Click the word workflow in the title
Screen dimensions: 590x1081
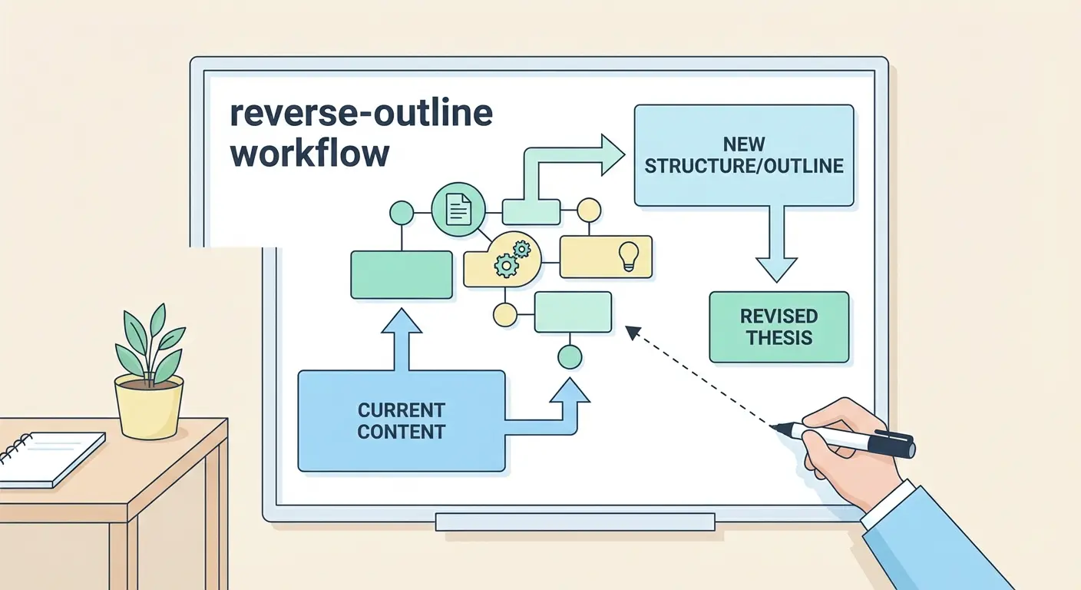tap(309, 154)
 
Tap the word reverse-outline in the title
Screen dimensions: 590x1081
tap(361, 114)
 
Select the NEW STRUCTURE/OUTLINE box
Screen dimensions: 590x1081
tap(743, 155)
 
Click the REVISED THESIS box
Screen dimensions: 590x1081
tap(779, 326)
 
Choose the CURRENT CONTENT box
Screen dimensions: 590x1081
tap(401, 420)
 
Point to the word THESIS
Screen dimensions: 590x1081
tap(779, 338)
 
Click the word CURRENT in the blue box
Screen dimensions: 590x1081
tap(401, 409)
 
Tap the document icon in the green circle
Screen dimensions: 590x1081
tap(458, 208)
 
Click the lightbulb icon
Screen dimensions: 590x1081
tap(629, 256)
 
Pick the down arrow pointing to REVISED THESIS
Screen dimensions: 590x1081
tap(777, 246)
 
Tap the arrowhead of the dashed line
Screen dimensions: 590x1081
tap(633, 331)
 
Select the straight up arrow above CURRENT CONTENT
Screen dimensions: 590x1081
tap(401, 338)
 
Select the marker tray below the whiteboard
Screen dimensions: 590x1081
tap(575, 522)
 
